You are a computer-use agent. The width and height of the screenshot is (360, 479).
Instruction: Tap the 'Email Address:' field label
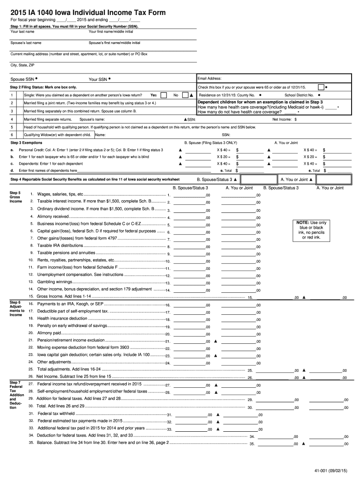pyautogui.click(x=210, y=79)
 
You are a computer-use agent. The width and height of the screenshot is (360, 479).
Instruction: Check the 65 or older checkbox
pyautogui.click(x=320, y=87)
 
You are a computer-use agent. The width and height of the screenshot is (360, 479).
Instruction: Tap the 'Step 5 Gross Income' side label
pyautogui.click(x=15, y=197)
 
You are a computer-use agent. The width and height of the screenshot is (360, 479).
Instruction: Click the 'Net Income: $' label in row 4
pyautogui.click(x=284, y=119)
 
